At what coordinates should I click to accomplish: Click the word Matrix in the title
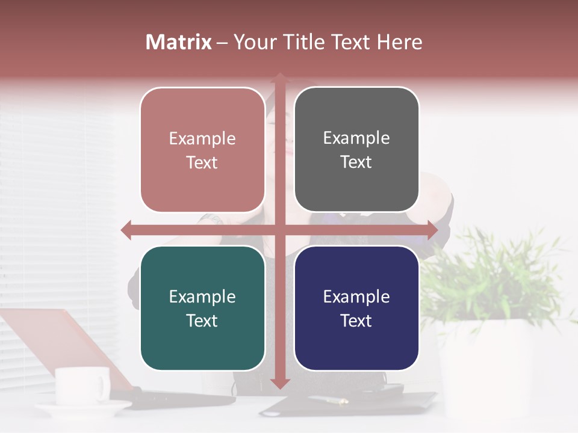(x=179, y=42)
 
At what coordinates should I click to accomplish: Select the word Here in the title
(x=400, y=42)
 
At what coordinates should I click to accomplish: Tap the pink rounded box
(x=202, y=150)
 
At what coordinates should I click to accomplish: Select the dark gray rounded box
(x=356, y=150)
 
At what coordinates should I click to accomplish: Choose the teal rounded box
(x=202, y=308)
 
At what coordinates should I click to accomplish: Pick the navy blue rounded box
(x=356, y=308)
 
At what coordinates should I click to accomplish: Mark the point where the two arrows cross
(x=279, y=230)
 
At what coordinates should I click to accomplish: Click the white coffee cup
(x=82, y=385)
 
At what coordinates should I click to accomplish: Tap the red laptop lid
(x=60, y=343)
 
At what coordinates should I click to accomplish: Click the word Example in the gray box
(x=356, y=138)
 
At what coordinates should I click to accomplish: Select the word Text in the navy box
(x=356, y=321)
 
